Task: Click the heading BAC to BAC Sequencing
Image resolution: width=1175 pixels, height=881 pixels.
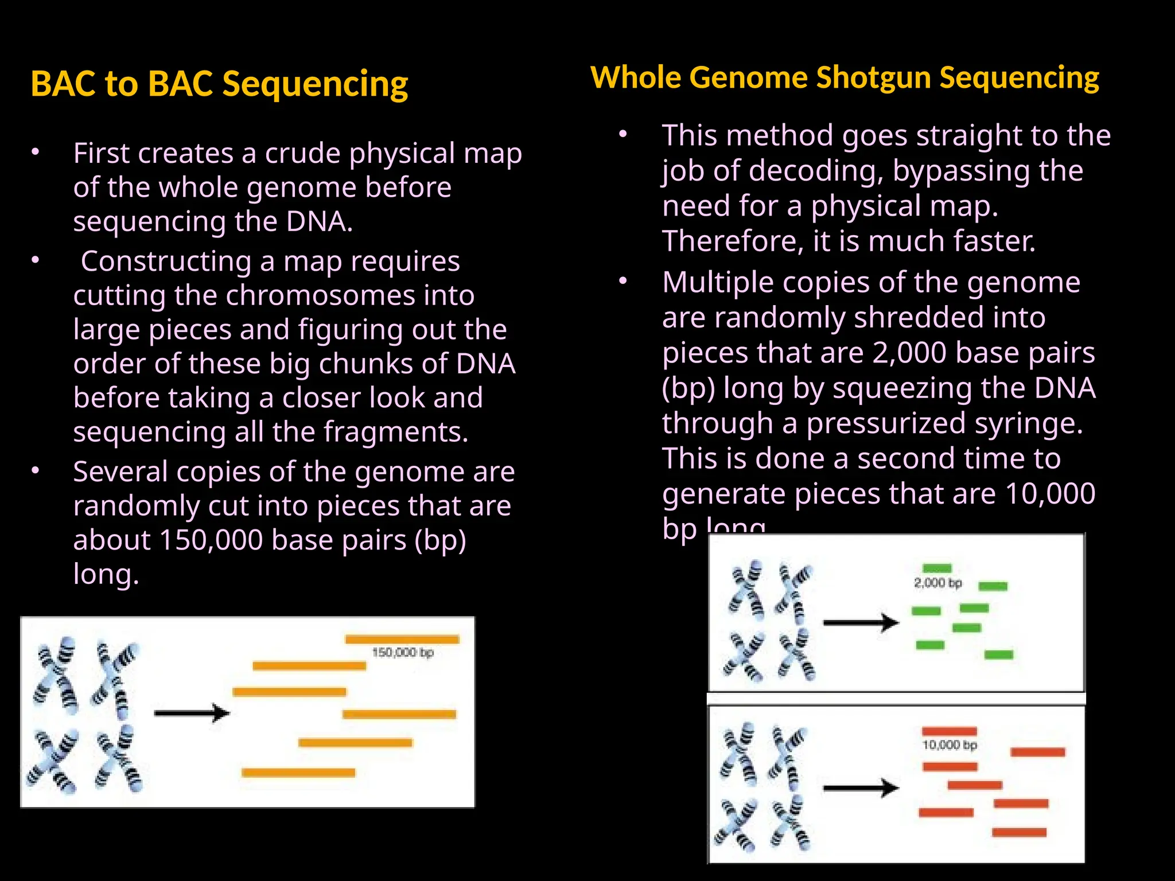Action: (219, 84)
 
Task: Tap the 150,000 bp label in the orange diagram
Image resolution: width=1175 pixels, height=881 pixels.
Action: (403, 653)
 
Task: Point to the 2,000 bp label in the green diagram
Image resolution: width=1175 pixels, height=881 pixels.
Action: (937, 583)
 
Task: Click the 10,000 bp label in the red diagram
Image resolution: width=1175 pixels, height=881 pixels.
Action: (950, 745)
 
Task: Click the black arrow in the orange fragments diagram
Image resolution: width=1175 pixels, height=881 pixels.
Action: (192, 714)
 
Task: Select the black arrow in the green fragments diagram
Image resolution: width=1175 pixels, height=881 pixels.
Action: (861, 622)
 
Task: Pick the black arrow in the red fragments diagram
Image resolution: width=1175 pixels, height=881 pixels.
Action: (861, 789)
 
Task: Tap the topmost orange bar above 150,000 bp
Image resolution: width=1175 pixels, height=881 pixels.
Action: (402, 639)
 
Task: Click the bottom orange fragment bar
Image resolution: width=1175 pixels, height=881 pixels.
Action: (298, 773)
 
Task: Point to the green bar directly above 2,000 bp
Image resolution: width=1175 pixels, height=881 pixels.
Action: (937, 568)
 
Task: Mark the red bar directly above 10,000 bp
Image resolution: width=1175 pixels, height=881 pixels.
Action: (949, 731)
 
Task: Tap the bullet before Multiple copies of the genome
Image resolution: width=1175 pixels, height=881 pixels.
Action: (624, 282)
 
